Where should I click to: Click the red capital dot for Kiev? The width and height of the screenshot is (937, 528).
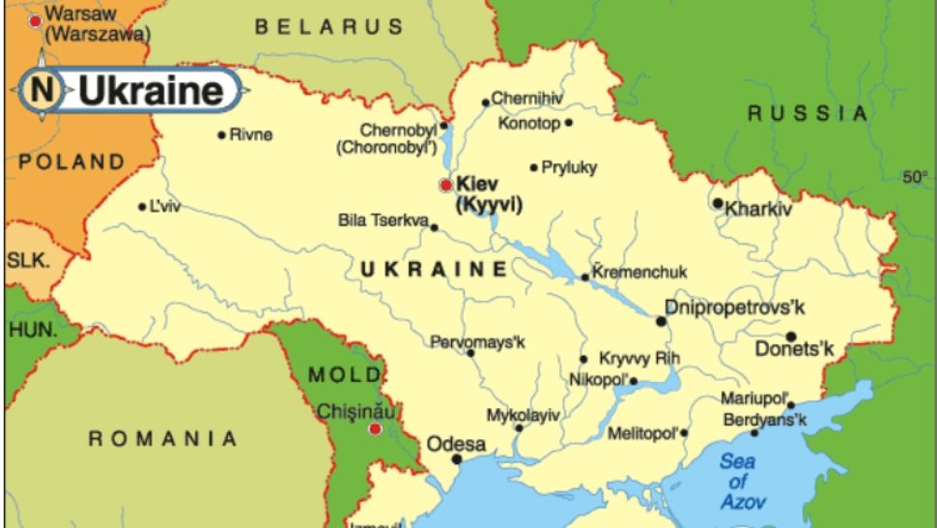point(445,184)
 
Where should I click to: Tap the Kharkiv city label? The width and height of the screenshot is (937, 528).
point(758,208)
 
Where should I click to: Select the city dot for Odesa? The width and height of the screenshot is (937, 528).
point(457,459)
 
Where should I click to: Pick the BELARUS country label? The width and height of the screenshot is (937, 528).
point(329,28)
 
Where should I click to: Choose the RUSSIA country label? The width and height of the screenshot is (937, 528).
point(808,113)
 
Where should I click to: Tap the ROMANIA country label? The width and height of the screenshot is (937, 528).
point(163,439)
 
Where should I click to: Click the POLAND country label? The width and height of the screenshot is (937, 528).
point(71,161)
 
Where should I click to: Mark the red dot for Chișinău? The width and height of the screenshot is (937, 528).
point(375,428)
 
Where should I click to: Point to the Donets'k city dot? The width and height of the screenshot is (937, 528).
point(790,337)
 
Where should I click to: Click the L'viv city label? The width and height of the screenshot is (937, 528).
point(165,206)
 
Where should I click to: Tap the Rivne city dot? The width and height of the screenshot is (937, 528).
point(221,134)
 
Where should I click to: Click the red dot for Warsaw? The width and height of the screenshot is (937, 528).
point(35,18)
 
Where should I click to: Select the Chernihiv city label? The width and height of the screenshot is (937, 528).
point(526,98)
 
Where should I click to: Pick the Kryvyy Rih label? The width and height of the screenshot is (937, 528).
point(639,359)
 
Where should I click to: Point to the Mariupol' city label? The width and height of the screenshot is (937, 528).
point(752,398)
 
